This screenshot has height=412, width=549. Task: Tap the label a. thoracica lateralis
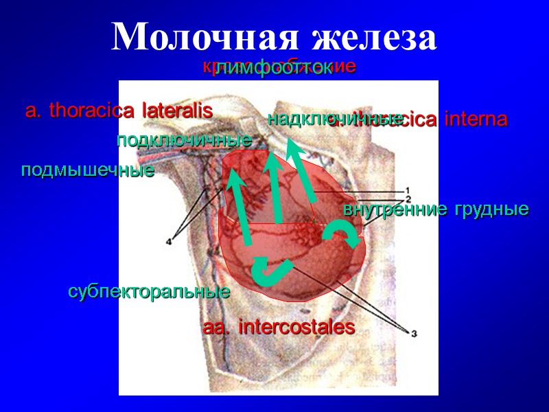tap(119, 110)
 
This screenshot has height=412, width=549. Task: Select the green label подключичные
tap(184, 141)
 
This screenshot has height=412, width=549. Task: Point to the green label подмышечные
tap(87, 170)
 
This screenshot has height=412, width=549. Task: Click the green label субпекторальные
tap(148, 292)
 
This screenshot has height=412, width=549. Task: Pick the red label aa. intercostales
tap(279, 328)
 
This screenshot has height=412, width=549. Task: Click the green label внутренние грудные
tap(436, 209)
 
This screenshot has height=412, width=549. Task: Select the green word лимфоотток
tap(272, 69)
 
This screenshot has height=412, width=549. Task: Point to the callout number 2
tap(408, 198)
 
